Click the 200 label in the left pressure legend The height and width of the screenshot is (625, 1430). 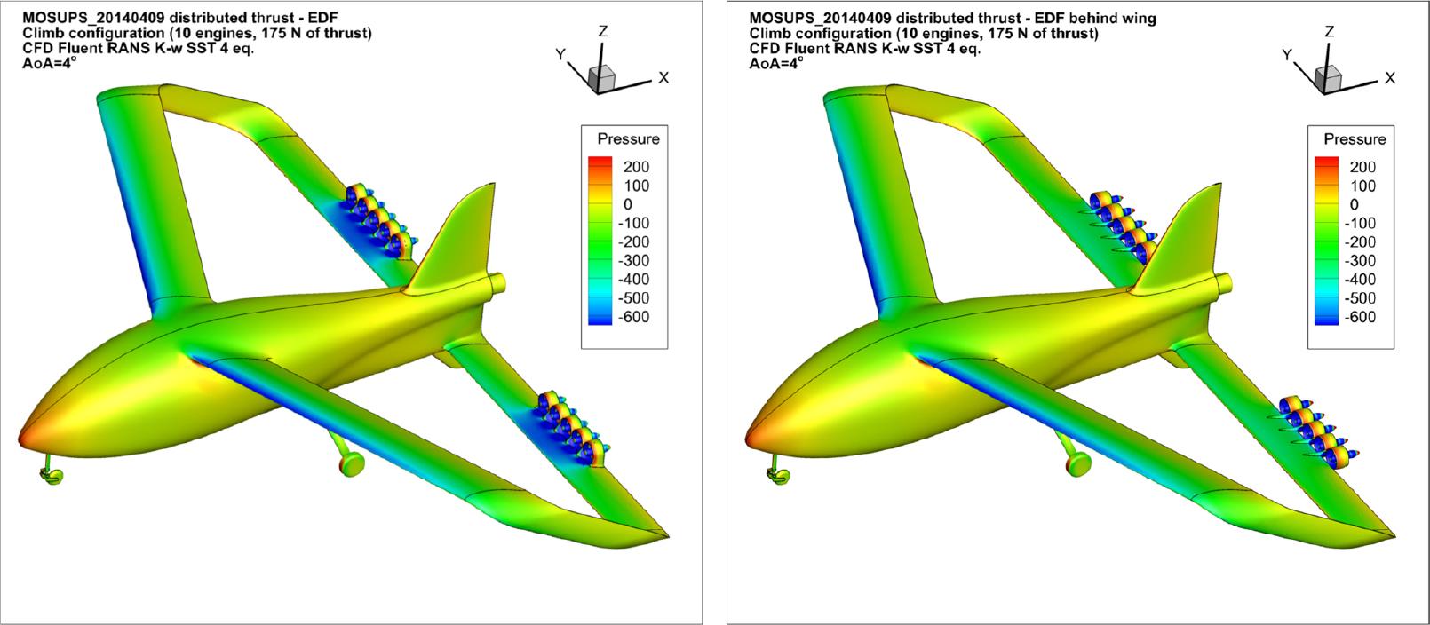tap(636, 167)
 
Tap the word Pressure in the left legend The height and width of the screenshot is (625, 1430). tap(628, 139)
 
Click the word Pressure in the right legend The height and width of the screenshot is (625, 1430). tap(1355, 139)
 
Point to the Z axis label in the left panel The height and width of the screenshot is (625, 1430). tap(602, 31)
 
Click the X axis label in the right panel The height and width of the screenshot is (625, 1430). tap(1390, 78)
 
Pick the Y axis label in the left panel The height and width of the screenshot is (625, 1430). tap(560, 55)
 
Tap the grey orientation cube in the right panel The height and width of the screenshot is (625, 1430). tap(1328, 78)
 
